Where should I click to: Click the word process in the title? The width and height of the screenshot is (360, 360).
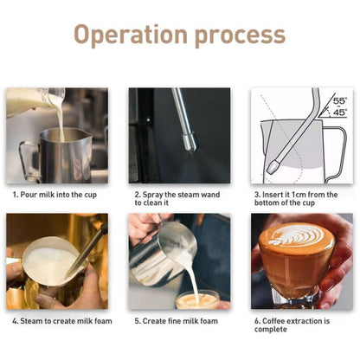pyautogui.click(x=235, y=35)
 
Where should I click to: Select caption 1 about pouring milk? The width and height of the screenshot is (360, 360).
pyautogui.click(x=56, y=195)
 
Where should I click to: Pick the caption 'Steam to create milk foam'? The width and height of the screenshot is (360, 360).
pyautogui.click(x=56, y=321)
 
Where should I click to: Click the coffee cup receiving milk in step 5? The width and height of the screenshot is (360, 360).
pyautogui.click(x=196, y=300)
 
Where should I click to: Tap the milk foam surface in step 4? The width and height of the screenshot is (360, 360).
pyautogui.click(x=48, y=260)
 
